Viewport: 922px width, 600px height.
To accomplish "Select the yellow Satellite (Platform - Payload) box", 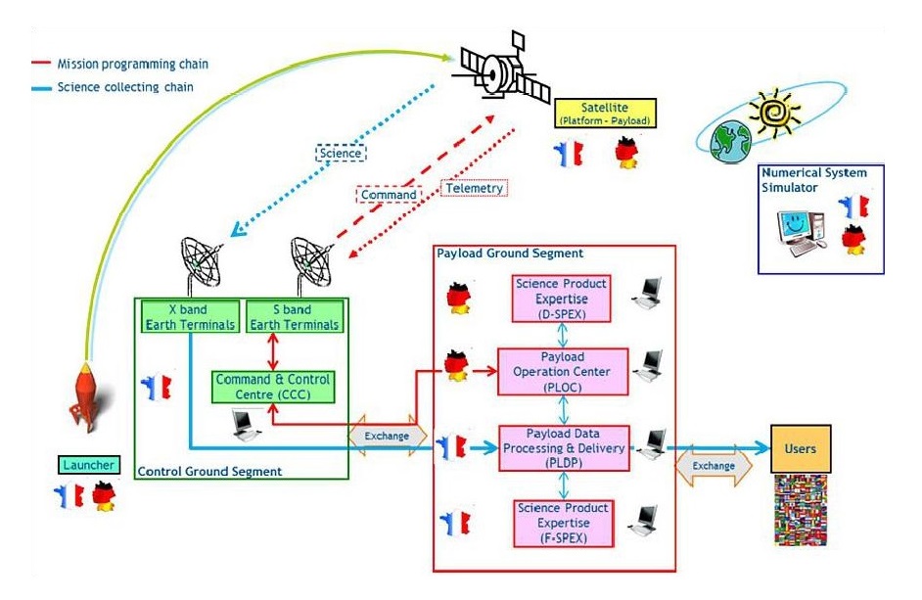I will pos(603,114).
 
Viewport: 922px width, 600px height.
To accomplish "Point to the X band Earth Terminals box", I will pos(190,316).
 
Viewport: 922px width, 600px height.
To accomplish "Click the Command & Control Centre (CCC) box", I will pos(273,387).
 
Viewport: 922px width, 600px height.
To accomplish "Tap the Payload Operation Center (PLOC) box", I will pos(561,371).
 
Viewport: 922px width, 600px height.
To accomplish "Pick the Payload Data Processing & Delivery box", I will pos(561,448).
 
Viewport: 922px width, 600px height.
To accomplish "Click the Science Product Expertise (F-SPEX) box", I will pos(561,523).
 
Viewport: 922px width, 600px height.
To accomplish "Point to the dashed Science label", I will pos(340,153).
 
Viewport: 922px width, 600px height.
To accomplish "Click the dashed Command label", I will pos(389,194).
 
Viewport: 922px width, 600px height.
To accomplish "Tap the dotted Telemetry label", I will pos(475,188).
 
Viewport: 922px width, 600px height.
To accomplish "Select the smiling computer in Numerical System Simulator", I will pos(801,230).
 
